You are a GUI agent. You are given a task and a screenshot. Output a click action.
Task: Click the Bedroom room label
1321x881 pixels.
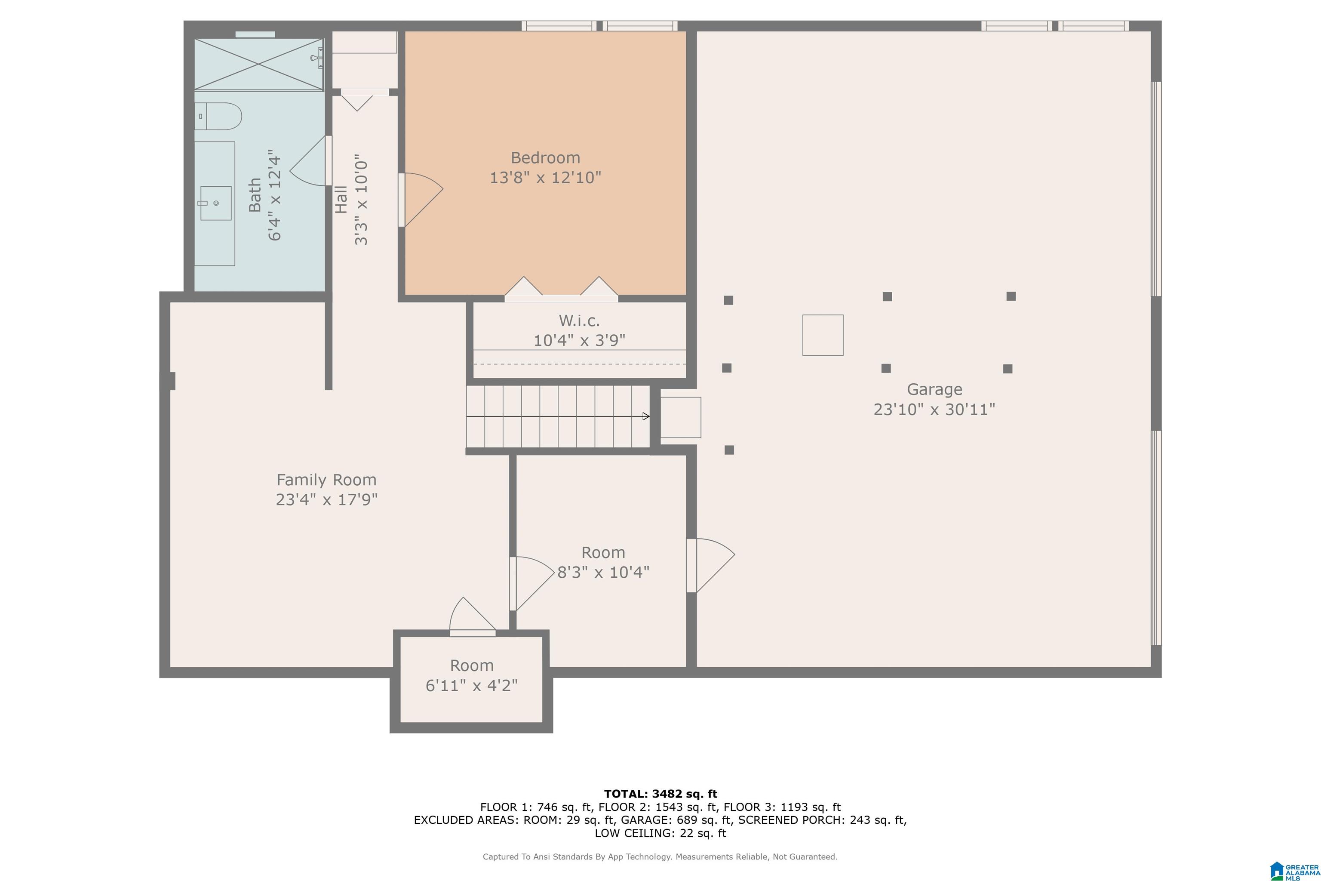(545, 158)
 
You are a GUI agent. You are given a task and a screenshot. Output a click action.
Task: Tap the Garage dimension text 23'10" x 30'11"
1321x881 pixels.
(934, 409)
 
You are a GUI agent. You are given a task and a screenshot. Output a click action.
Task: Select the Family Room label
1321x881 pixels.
(326, 480)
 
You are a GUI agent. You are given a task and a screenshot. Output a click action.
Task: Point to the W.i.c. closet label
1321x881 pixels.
(579, 321)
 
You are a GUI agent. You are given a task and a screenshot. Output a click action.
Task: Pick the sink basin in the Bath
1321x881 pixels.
(216, 203)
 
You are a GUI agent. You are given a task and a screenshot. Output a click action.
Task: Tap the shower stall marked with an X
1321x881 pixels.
(259, 64)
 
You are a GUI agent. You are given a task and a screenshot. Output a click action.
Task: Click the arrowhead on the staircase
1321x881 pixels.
(646, 416)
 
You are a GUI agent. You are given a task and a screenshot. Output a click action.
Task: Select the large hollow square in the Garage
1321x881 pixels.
(823, 335)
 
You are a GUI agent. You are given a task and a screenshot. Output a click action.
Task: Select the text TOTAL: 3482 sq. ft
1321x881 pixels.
(660, 794)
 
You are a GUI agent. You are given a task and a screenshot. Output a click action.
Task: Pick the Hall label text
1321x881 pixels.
(341, 200)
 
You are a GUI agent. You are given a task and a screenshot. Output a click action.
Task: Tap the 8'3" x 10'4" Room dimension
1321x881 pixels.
(603, 572)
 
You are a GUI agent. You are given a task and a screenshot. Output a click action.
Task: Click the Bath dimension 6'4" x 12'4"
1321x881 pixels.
(275, 195)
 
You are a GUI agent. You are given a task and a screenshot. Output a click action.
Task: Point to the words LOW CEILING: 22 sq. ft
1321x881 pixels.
(660, 833)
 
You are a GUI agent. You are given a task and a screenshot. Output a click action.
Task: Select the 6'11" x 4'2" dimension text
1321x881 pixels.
(471, 685)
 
